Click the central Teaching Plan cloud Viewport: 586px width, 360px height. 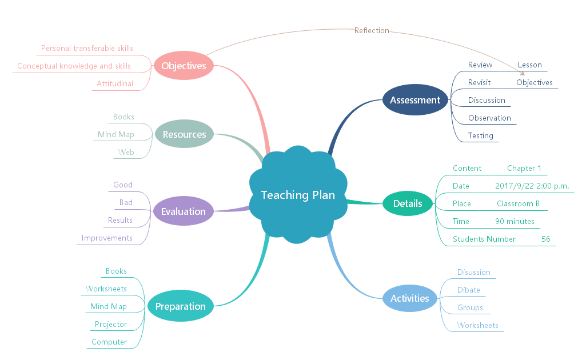(x=298, y=195)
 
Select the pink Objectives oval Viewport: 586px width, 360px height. (x=184, y=66)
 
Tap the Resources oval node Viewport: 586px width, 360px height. (x=184, y=134)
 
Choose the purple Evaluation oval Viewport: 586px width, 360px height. (x=183, y=211)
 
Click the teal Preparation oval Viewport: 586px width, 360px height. (x=180, y=306)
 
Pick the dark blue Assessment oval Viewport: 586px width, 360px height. (x=415, y=100)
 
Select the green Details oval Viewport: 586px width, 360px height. (x=408, y=203)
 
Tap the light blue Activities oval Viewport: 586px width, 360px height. (x=409, y=298)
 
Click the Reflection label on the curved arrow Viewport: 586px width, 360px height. (x=372, y=30)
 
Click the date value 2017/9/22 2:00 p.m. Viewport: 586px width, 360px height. (x=532, y=186)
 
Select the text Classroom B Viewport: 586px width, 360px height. (x=518, y=203)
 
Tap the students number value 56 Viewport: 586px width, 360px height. (x=545, y=239)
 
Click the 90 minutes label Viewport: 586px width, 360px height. (x=515, y=221)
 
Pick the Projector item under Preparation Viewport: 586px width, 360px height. (x=111, y=324)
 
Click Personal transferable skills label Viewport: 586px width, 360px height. (x=87, y=48)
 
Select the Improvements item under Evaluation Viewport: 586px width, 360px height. (x=107, y=238)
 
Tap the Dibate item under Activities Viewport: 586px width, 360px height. (x=468, y=290)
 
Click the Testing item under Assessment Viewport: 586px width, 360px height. (x=480, y=135)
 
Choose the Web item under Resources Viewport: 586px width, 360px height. (x=126, y=152)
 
